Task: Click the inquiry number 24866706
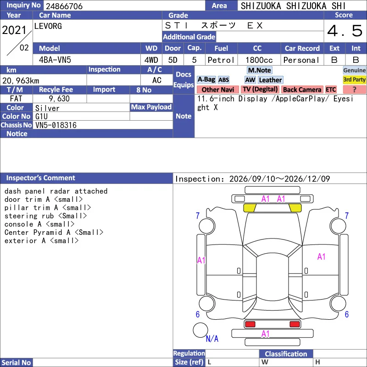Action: coord(64,6)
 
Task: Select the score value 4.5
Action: coord(345,31)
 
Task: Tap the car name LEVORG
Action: coord(48,26)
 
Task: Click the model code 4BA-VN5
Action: coord(55,60)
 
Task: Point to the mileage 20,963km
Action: coord(21,81)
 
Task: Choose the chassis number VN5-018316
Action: coord(56,125)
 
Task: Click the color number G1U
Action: coord(41,117)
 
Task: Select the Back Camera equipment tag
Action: coord(302,89)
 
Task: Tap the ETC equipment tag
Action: coord(331,89)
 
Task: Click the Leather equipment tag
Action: coord(271,80)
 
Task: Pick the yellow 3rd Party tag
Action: coord(354,80)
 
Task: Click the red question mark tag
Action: coord(354,89)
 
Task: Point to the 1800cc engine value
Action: coord(259,60)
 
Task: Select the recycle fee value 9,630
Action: coord(59,99)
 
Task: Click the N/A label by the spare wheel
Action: coord(212,339)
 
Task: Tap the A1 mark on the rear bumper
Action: coord(266,334)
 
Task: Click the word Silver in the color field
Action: coord(47,108)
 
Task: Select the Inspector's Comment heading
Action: coord(41,178)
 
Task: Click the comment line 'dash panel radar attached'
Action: coord(56,191)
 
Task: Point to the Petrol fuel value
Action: coord(221,60)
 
